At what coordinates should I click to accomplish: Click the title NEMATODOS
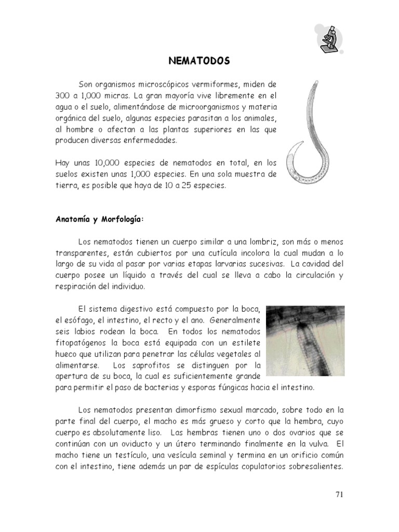pos(199,61)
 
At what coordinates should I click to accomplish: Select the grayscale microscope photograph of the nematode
pos(305,340)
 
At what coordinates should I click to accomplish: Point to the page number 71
pos(339,494)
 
